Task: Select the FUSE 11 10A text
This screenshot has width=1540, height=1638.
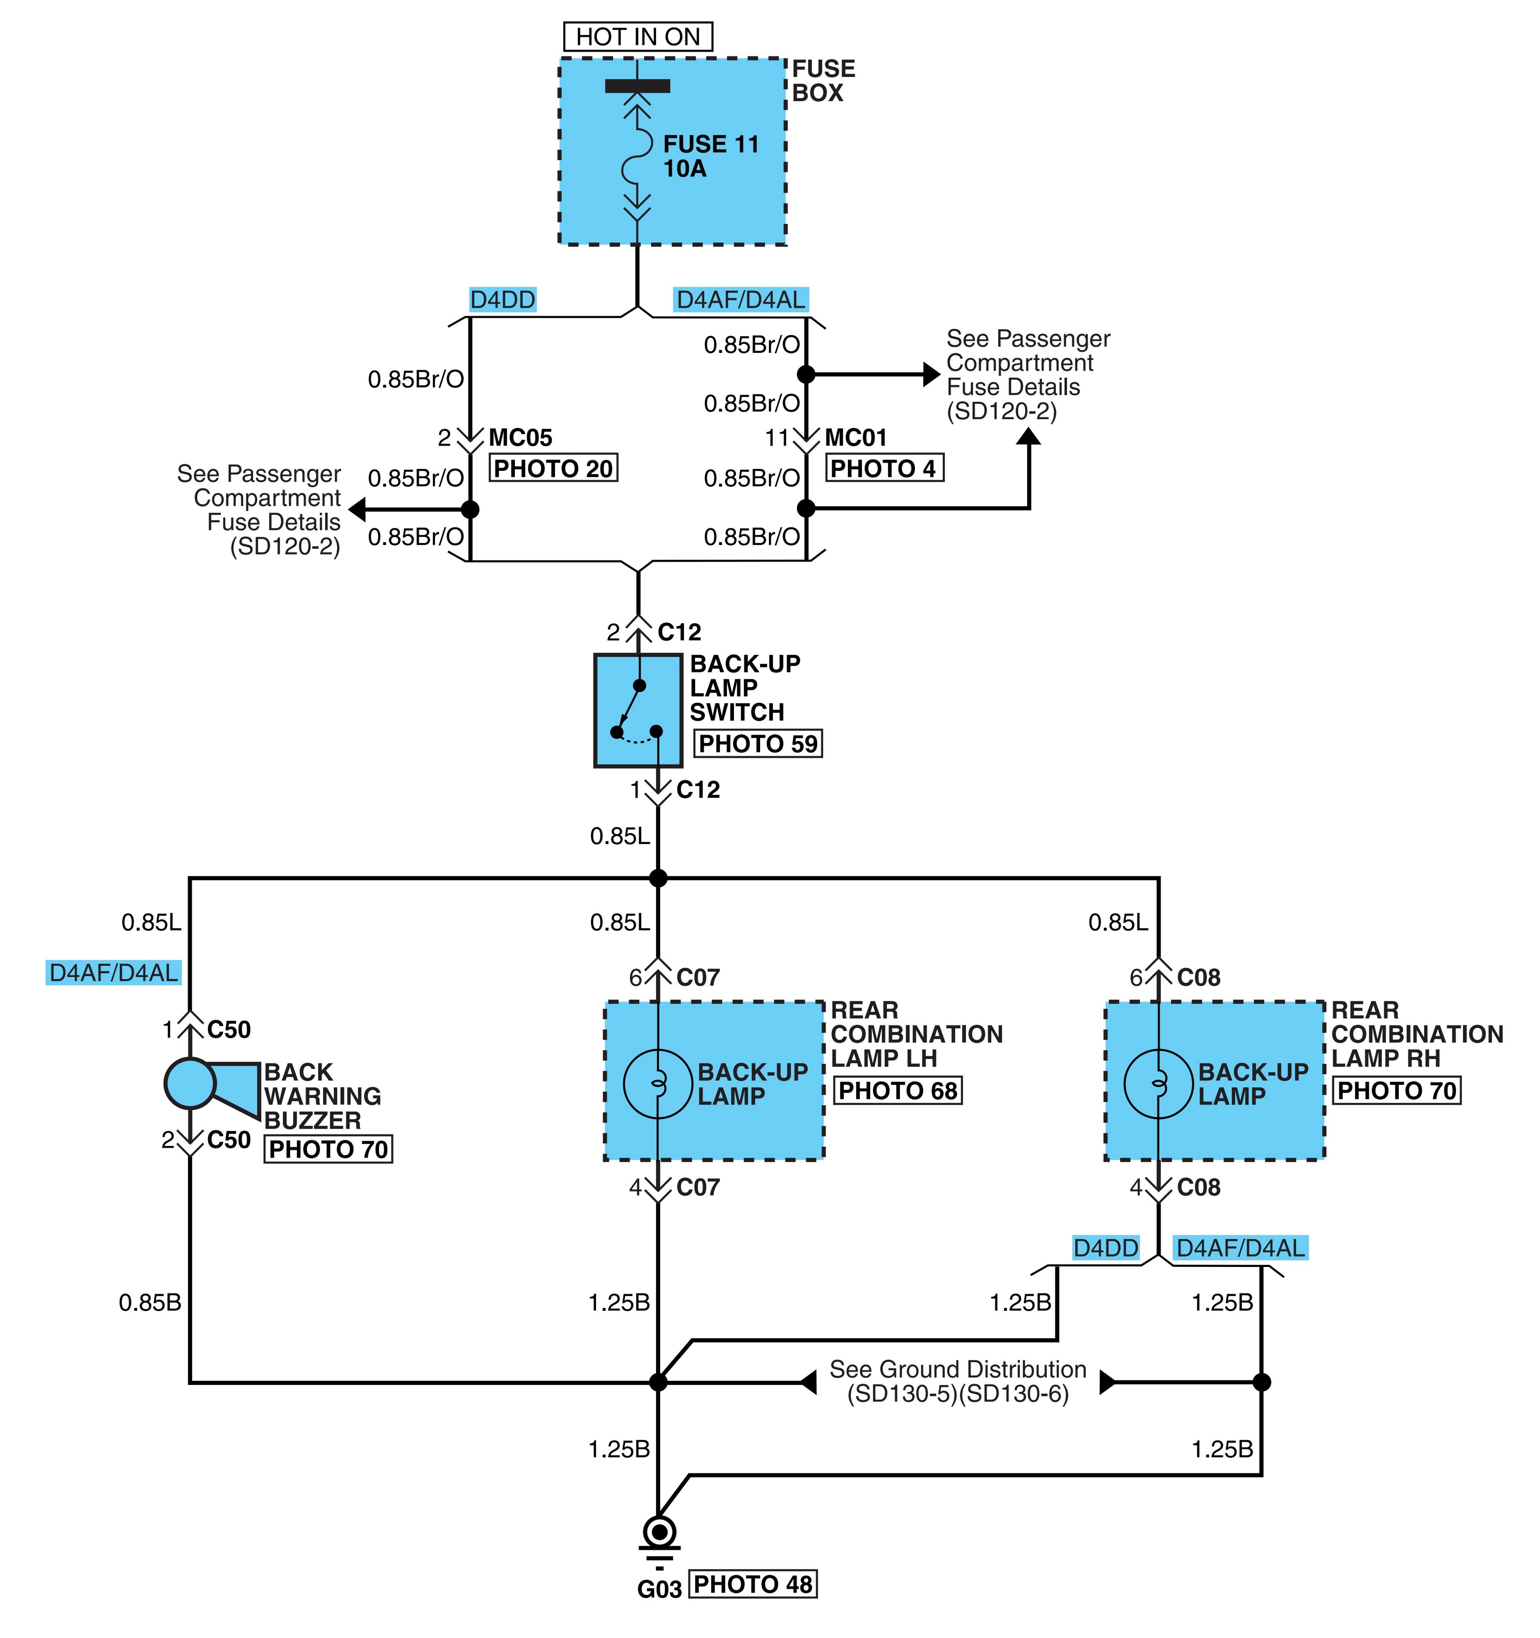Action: point(710,156)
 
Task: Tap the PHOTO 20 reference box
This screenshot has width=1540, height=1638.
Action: point(553,468)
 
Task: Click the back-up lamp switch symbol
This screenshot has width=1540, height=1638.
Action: point(638,710)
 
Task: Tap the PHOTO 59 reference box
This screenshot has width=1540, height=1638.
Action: point(758,743)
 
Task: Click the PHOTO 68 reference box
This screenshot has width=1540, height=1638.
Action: point(897,1090)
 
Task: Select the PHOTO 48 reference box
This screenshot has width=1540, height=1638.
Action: point(752,1584)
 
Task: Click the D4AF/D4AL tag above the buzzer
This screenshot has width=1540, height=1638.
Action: point(114,972)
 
